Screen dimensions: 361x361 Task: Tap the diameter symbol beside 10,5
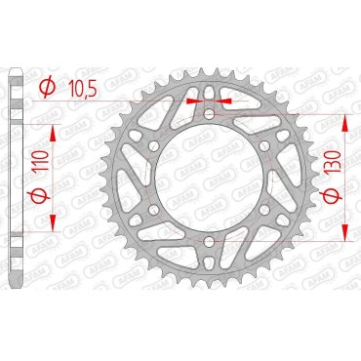46,89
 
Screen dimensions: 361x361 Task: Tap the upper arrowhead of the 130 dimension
346,120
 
